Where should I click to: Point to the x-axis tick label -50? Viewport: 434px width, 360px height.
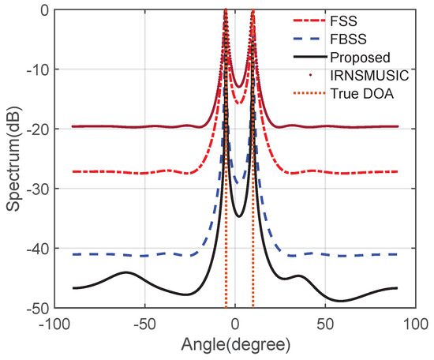point(144,324)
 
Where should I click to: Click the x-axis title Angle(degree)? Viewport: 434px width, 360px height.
point(234,345)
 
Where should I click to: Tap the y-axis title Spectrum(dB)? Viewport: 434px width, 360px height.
point(13,158)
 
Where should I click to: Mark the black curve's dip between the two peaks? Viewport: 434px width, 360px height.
point(239,216)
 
